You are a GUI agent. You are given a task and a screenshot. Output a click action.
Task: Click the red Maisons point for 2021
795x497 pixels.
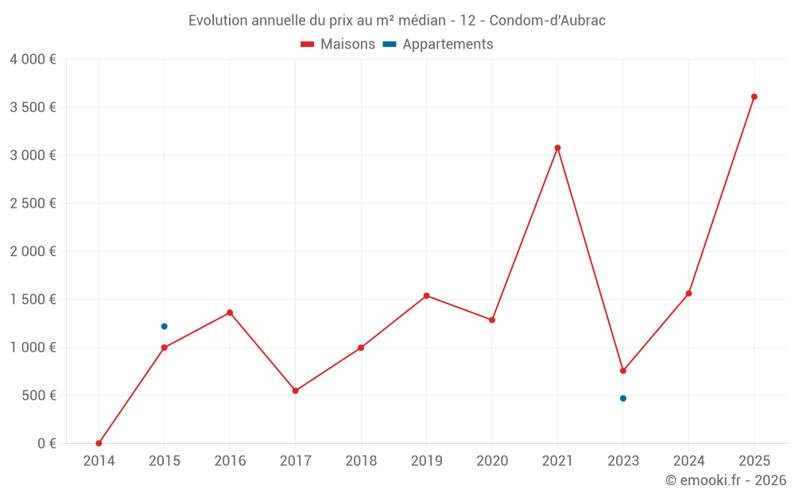557,148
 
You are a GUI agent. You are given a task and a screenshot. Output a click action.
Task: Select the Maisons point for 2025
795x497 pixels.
754,97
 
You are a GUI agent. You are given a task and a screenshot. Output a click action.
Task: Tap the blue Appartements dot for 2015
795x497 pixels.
165,326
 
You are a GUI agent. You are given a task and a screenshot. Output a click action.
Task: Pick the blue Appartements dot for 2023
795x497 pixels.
623,398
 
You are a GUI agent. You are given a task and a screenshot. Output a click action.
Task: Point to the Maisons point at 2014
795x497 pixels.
99,443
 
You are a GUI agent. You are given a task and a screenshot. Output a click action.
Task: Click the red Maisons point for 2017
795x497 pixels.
296,390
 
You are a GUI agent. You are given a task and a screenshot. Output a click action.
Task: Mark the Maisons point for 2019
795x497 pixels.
427,296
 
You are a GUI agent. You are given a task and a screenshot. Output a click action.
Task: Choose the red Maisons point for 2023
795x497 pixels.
623,371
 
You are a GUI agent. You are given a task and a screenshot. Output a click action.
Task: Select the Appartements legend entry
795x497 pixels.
447,45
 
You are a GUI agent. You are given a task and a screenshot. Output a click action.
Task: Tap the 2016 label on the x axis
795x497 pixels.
230,460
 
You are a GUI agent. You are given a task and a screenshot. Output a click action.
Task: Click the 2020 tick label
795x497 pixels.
492,460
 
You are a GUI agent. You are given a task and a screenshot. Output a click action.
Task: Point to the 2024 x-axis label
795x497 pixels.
688,460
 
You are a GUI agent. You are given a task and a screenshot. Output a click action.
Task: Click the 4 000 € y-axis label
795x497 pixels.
33,60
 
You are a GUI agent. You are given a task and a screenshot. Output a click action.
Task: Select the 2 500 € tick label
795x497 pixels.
33,204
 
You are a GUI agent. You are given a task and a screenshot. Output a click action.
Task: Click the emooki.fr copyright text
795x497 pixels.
726,480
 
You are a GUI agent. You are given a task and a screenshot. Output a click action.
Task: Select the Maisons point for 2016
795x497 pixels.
230,313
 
